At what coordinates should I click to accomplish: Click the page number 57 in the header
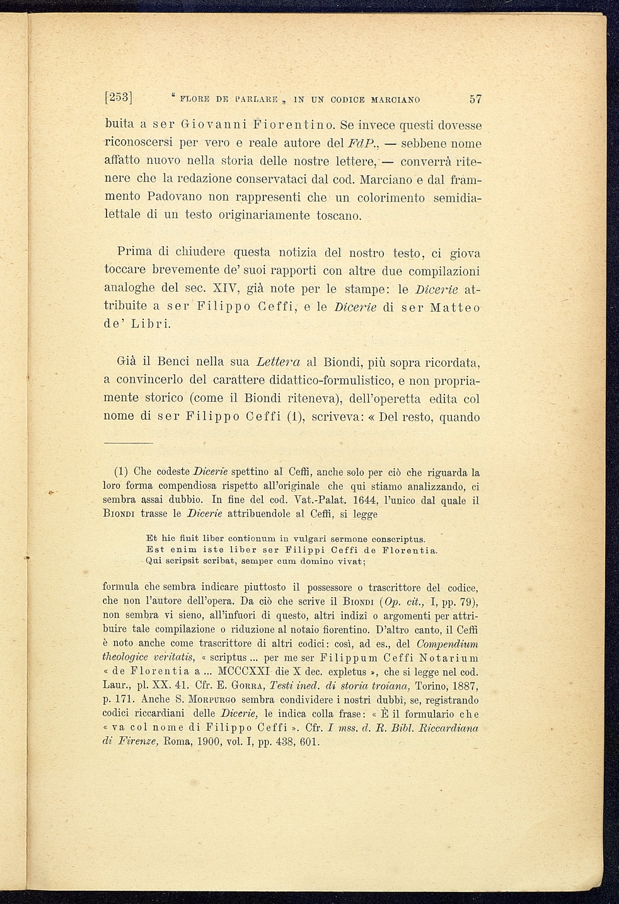475,99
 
